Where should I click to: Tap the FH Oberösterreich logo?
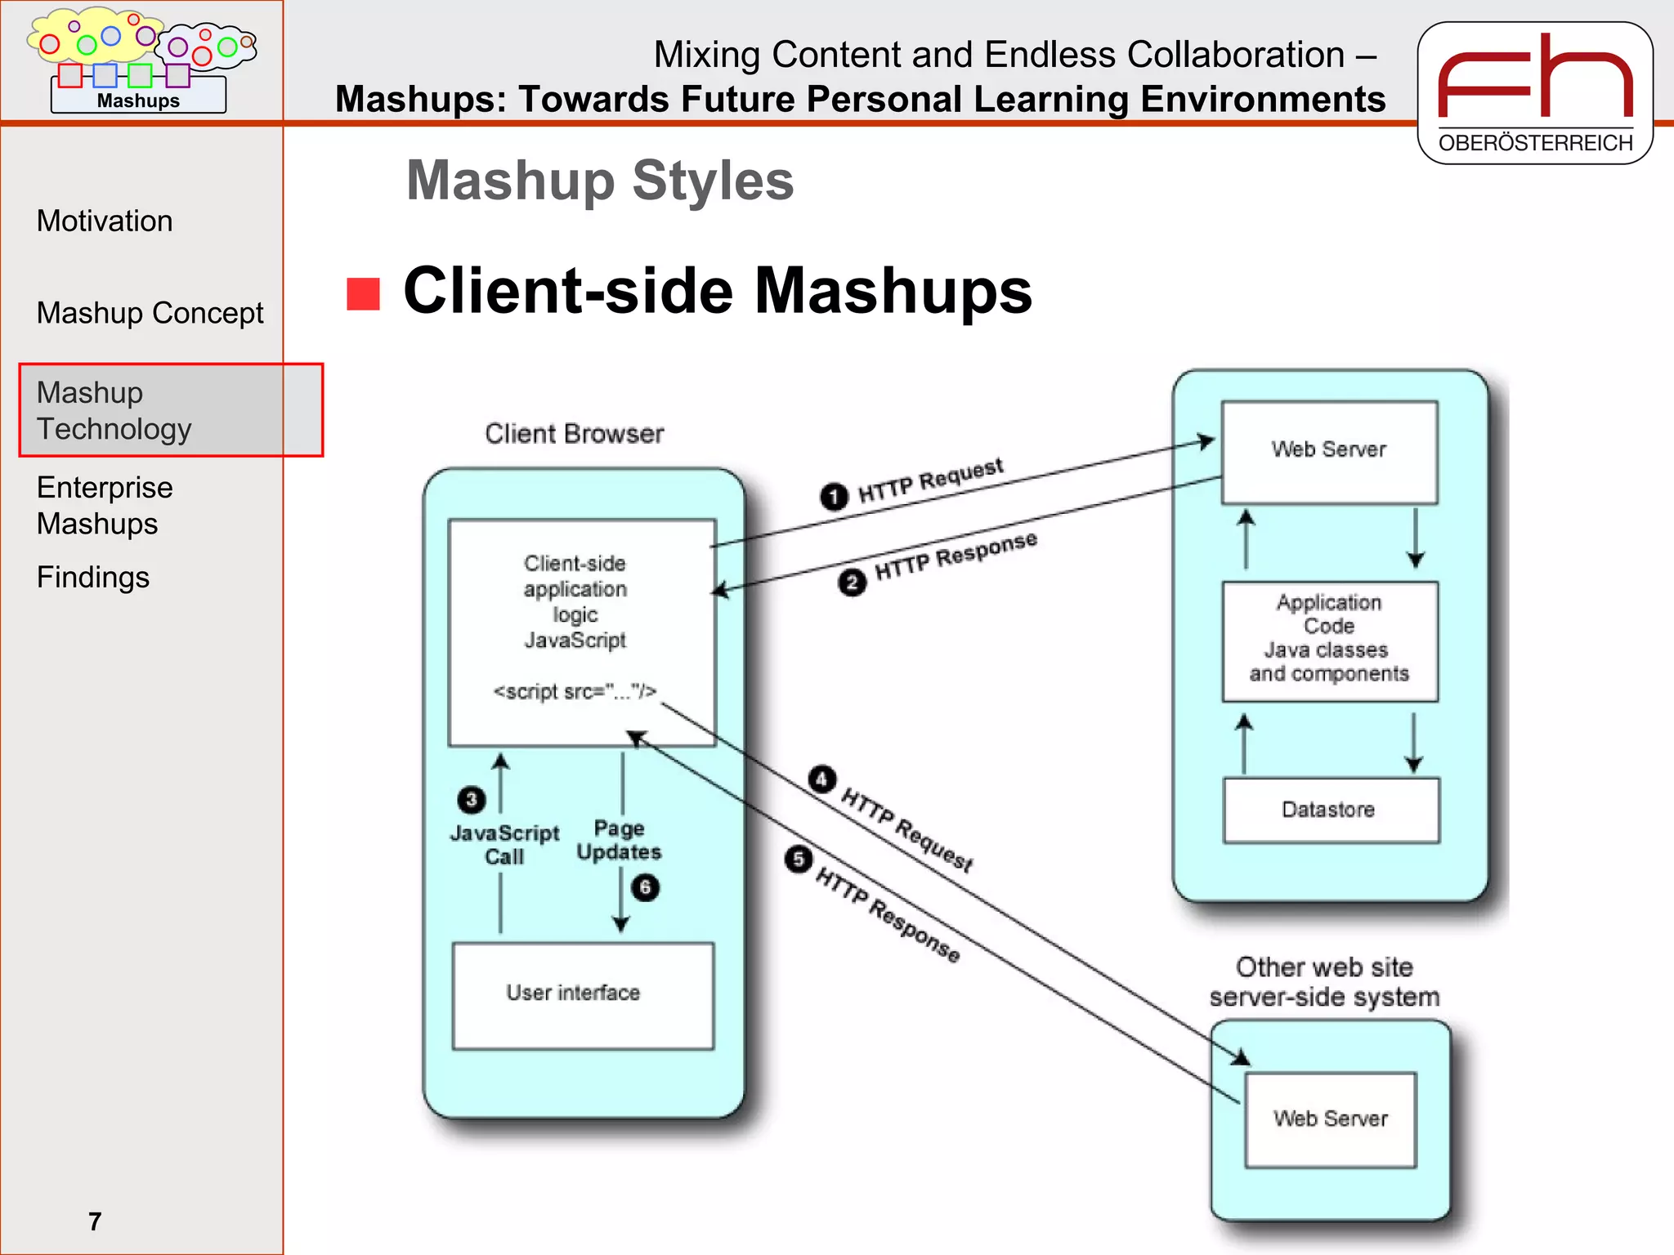click(x=1535, y=92)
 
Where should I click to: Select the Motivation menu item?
click(x=105, y=221)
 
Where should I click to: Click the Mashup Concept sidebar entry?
click(x=150, y=313)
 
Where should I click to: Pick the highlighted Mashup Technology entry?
click(x=114, y=410)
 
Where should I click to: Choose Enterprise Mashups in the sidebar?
click(x=105, y=505)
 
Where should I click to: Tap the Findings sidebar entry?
click(x=93, y=578)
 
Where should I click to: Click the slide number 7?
click(x=95, y=1222)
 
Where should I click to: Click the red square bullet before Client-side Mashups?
click(x=363, y=294)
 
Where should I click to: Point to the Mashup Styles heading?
click(x=600, y=181)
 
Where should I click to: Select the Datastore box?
click(x=1330, y=810)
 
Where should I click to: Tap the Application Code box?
click(x=1329, y=641)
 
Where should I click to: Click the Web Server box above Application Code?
click(x=1329, y=451)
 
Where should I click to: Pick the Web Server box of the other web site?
click(x=1330, y=1119)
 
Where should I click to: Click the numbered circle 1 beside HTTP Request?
click(x=834, y=497)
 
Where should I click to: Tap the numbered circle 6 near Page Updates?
click(x=645, y=887)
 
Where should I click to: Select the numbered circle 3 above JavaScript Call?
click(x=471, y=799)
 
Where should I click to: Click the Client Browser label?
click(x=574, y=434)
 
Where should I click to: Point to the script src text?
click(x=575, y=692)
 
